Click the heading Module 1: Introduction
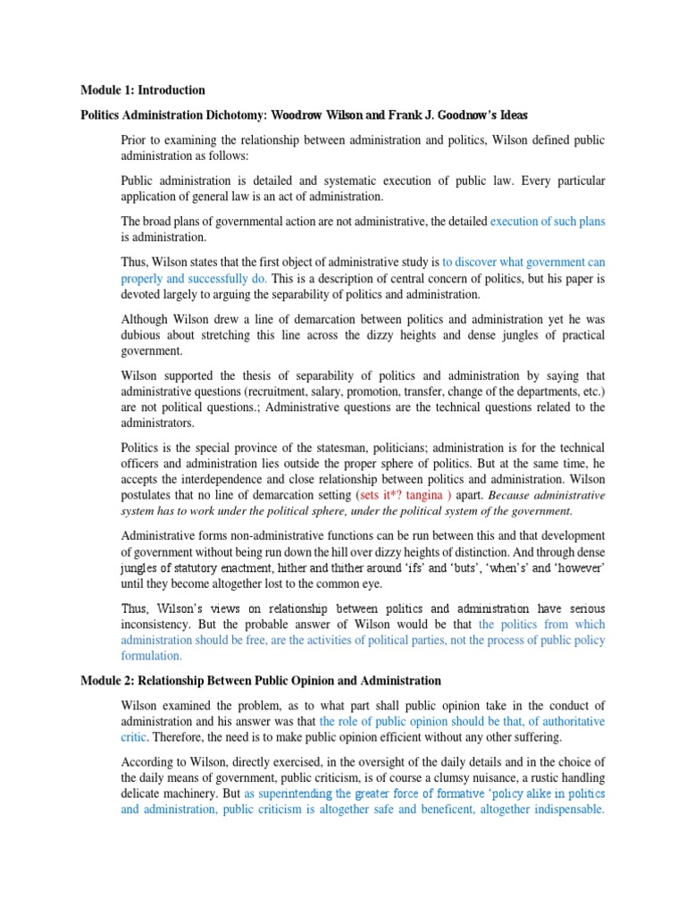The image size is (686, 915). coord(142,90)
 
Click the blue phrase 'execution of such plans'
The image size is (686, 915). coord(548,221)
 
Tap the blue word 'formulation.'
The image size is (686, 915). coord(153,655)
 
